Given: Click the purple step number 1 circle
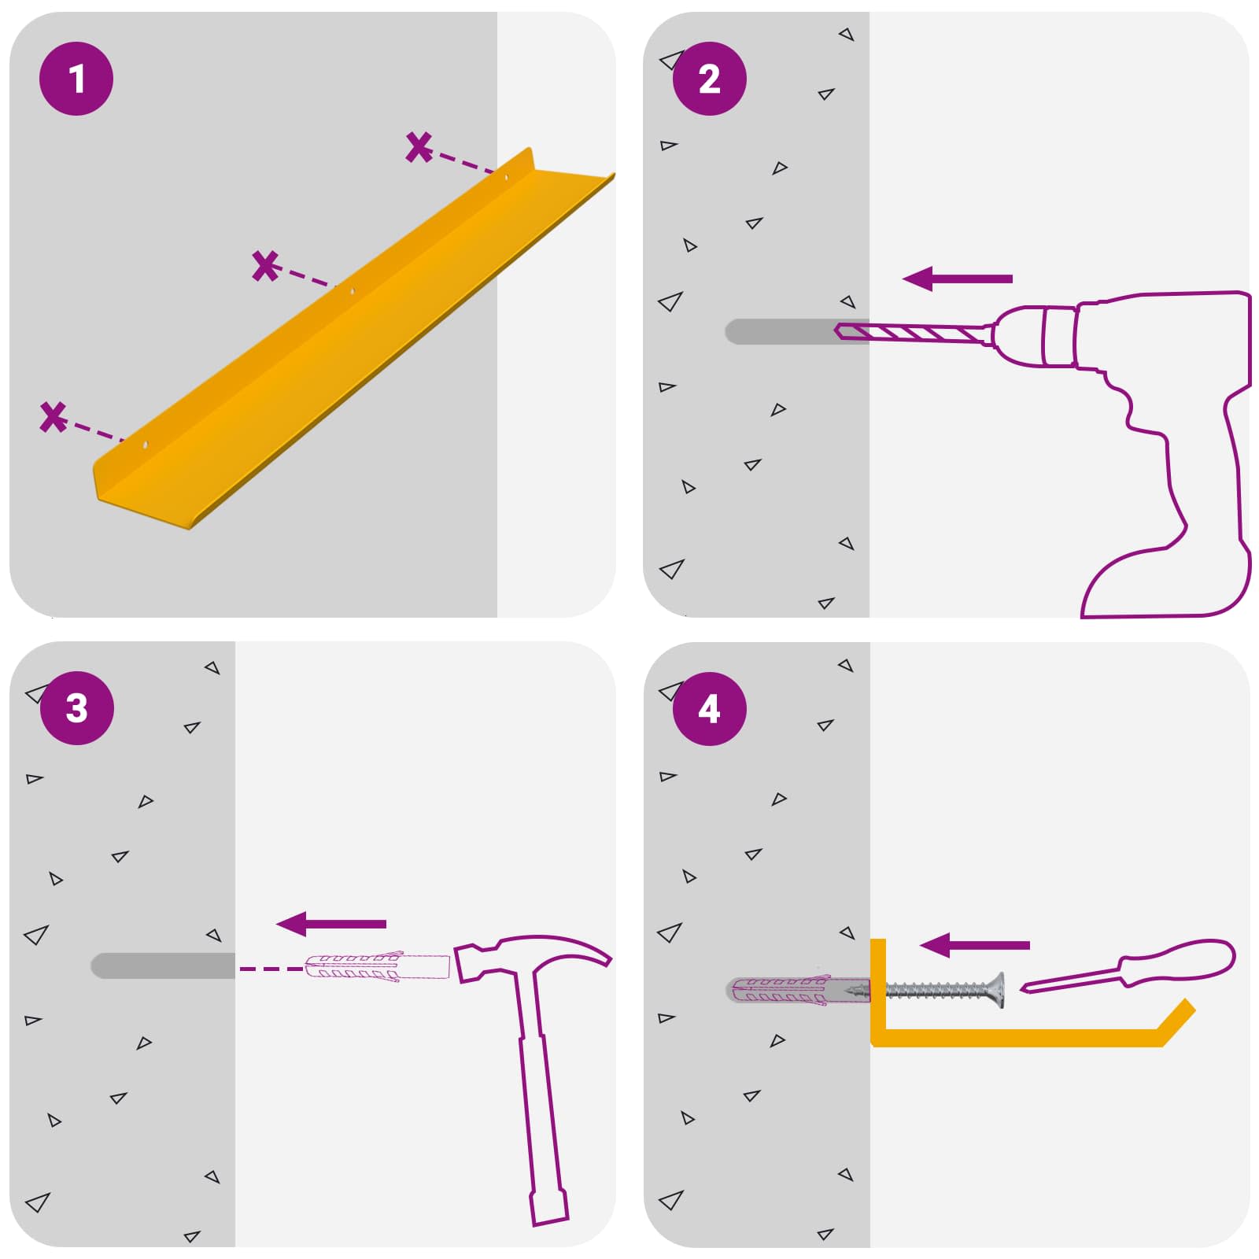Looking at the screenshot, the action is [x=76, y=79].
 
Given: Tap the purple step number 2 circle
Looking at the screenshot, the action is [x=709, y=79].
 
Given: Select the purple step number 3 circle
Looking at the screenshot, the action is [x=76, y=708].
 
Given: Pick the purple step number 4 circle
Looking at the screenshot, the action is [x=709, y=708].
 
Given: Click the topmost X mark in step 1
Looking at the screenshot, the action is [x=419, y=147].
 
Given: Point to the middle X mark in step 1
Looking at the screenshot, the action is [x=266, y=266].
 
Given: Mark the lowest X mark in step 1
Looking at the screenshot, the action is [x=54, y=417].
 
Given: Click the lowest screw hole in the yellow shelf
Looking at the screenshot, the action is [x=145, y=445].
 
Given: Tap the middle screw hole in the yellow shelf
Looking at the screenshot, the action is [x=352, y=292].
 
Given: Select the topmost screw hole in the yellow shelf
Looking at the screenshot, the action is [x=506, y=178].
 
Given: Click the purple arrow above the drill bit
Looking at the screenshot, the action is [x=957, y=279].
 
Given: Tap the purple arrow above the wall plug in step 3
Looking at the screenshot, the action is [x=331, y=924].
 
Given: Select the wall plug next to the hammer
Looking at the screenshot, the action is [x=377, y=967].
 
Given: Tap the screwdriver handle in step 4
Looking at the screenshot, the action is [x=1176, y=962].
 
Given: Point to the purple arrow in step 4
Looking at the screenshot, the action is [x=974, y=945].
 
